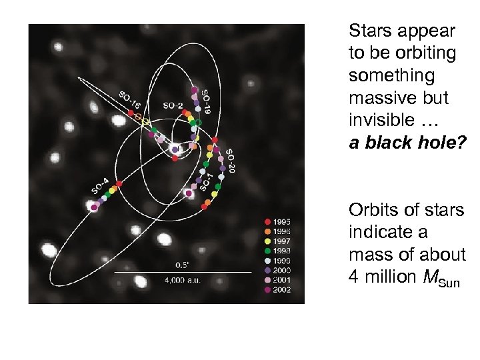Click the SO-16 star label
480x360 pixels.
point(131,100)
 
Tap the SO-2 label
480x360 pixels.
point(173,105)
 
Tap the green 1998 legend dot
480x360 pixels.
point(267,251)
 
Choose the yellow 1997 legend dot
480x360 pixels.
point(267,241)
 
